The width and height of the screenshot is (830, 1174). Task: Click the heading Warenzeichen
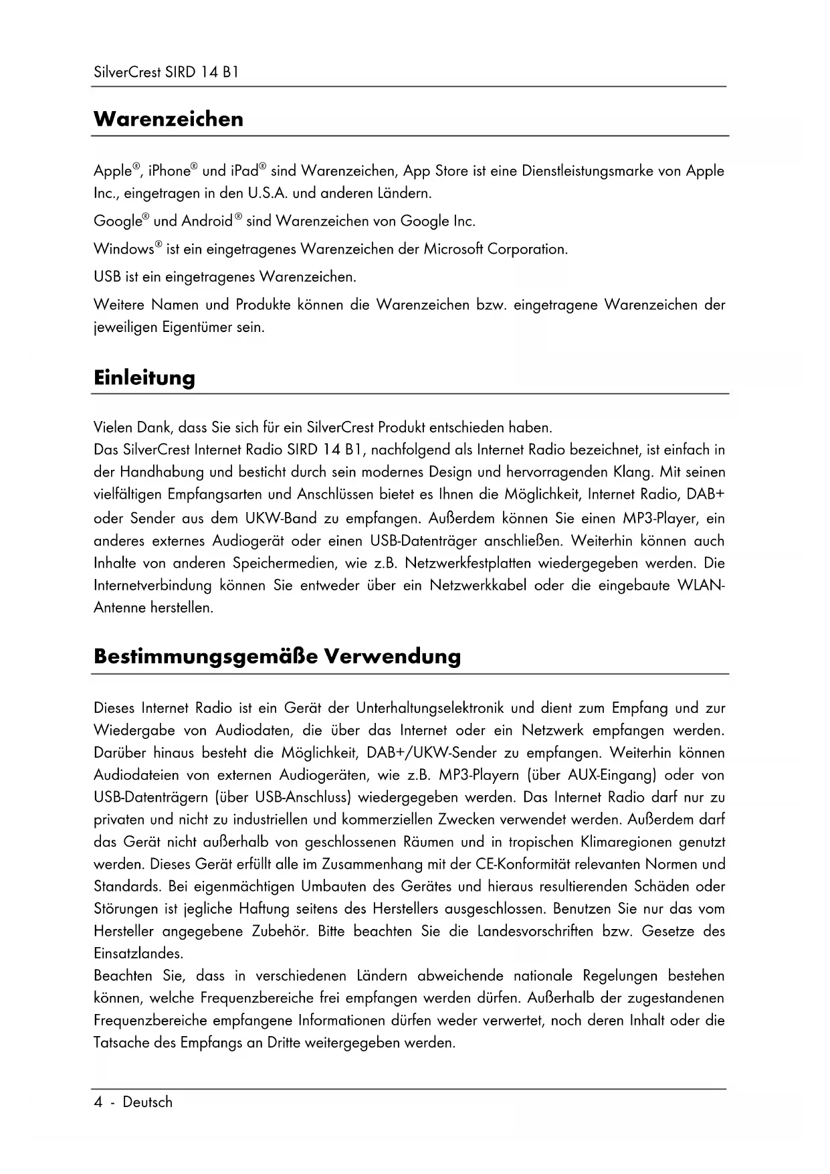pyautogui.click(x=169, y=119)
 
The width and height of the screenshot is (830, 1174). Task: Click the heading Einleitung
pyautogui.click(x=144, y=378)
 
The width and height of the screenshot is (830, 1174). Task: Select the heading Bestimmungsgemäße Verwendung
pyautogui.click(x=277, y=656)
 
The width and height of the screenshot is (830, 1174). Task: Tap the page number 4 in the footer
pyautogui.click(x=98, y=1102)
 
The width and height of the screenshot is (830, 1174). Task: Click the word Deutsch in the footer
pyautogui.click(x=147, y=1102)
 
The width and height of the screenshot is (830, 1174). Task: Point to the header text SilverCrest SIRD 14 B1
pyautogui.click(x=166, y=72)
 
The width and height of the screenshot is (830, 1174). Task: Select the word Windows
pyautogui.click(x=124, y=250)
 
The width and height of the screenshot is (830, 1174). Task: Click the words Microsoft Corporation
pyautogui.click(x=495, y=250)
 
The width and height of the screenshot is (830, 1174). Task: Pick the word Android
pyautogui.click(x=207, y=222)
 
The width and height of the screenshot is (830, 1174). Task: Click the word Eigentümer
pyautogui.click(x=197, y=328)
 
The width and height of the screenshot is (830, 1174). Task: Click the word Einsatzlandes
pyautogui.click(x=137, y=953)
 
